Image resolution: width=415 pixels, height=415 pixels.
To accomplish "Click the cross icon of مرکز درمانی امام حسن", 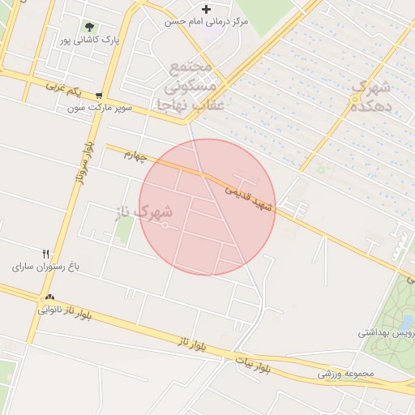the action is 207,9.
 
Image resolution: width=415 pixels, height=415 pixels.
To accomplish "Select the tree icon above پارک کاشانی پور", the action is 89,27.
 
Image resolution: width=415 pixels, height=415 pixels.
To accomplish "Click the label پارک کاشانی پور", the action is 88,40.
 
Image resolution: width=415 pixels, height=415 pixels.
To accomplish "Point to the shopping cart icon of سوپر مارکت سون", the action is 99,94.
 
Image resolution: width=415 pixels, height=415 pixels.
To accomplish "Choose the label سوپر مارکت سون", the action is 99,107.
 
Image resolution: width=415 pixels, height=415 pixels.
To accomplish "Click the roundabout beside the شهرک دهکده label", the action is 354,99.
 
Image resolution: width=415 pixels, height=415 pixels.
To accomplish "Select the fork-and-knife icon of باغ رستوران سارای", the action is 46,253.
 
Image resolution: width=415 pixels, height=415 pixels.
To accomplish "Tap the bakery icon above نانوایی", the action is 50,297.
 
